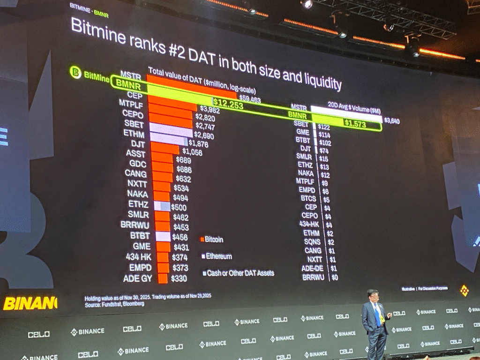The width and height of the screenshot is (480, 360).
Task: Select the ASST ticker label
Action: (x=135, y=153)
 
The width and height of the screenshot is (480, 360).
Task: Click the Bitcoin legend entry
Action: (x=214, y=240)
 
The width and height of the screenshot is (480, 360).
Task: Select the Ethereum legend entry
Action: (x=218, y=256)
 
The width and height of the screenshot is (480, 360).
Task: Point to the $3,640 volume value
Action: (x=392, y=121)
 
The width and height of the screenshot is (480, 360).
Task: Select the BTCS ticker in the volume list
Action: (x=308, y=199)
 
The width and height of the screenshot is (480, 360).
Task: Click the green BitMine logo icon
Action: (x=75, y=73)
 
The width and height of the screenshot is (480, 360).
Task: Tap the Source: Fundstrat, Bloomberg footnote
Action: (x=114, y=304)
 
